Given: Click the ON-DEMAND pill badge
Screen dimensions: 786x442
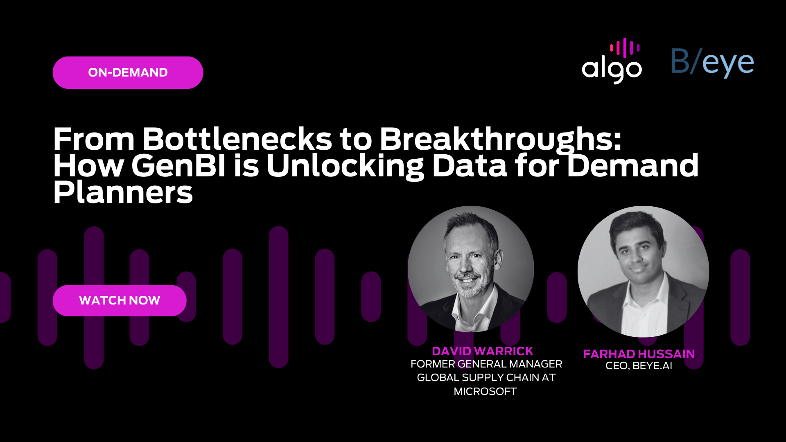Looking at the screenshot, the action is coord(128,72).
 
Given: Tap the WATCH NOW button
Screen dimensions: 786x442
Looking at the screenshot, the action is coord(120,300).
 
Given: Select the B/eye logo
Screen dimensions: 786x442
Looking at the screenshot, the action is coord(712,63).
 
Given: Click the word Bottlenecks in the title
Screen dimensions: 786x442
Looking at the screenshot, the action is coord(237,139).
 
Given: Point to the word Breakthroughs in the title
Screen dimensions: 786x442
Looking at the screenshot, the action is coord(500,140).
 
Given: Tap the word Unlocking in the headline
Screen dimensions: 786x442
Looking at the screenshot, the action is coord(345,167).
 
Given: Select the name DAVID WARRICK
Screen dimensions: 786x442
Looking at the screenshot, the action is coord(482,351).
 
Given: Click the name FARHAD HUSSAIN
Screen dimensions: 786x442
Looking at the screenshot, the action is coord(639,354).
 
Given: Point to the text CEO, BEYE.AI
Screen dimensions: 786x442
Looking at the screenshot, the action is coord(639,366).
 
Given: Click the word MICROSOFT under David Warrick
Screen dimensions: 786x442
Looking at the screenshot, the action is coord(485,392).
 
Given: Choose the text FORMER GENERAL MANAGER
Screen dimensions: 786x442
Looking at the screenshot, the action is coord(486,364).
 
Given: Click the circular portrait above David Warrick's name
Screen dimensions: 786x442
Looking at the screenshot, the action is coord(471,269).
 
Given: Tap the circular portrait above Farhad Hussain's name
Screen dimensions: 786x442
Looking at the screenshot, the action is coord(643,271).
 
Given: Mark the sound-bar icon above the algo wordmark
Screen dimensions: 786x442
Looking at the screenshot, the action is coord(624,48).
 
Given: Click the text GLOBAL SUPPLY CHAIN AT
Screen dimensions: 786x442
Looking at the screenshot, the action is coord(486,378).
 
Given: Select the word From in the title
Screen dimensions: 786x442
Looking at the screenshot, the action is coord(94,139).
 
